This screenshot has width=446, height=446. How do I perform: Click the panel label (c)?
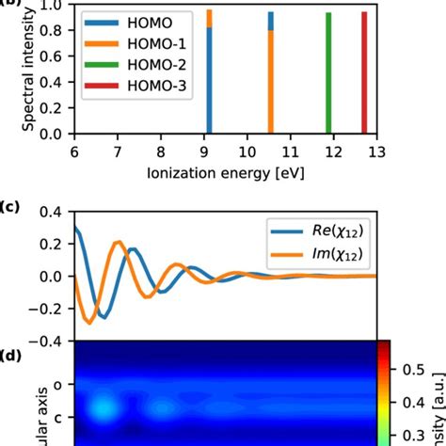(9, 206)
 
